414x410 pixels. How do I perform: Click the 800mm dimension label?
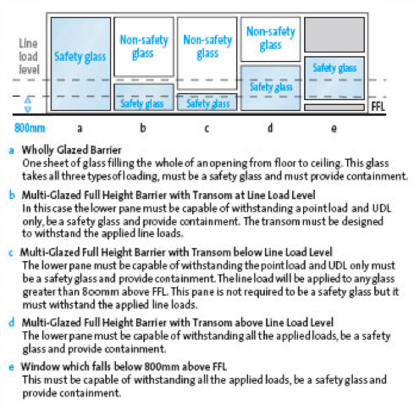pyautogui.click(x=30, y=128)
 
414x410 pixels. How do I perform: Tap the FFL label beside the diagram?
pyautogui.click(x=378, y=107)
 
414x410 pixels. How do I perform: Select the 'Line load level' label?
pyautogui.click(x=29, y=57)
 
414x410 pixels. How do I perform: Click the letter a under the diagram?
pyautogui.click(x=80, y=129)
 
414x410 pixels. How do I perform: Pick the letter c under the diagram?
pyautogui.click(x=207, y=129)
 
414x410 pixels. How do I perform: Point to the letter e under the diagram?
pyautogui.click(x=334, y=129)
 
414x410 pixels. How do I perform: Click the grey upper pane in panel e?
pyautogui.click(x=334, y=35)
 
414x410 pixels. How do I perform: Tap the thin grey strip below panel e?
pyautogui.click(x=334, y=108)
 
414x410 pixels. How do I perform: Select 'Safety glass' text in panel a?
pyautogui.click(x=80, y=57)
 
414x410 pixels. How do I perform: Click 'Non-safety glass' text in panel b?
pyautogui.click(x=144, y=47)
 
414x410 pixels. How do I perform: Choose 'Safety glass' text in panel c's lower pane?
pyautogui.click(x=208, y=104)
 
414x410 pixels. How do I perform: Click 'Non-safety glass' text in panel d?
pyautogui.click(x=271, y=38)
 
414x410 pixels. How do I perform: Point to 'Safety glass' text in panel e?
pyautogui.click(x=334, y=68)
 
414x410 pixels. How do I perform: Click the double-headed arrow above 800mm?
pyautogui.click(x=28, y=105)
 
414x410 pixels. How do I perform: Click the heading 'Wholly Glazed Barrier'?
pyautogui.click(x=72, y=150)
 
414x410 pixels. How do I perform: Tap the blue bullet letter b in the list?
pyautogui.click(x=12, y=195)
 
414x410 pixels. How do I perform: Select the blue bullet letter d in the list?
pyautogui.click(x=12, y=323)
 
